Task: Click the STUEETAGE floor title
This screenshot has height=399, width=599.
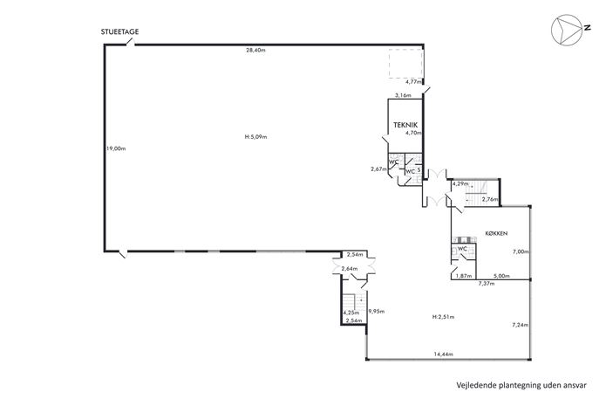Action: [x=119, y=31]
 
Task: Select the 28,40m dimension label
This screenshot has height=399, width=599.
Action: [x=256, y=50]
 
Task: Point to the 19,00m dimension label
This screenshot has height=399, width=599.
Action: [x=116, y=148]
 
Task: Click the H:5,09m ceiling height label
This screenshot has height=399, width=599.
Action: [x=255, y=136]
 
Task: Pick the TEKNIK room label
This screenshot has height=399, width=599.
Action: [x=405, y=125]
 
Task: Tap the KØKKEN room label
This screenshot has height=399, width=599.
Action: [x=496, y=233]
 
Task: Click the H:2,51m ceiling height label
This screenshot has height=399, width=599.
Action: [x=443, y=317]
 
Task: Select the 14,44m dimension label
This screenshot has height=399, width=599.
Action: [x=443, y=354]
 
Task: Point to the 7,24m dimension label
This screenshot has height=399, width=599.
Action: [x=520, y=325]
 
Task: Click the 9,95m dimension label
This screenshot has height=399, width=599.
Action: [x=376, y=312]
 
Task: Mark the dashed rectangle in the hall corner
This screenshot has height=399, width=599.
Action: [x=405, y=64]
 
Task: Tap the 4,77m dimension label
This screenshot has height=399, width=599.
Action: [x=413, y=81]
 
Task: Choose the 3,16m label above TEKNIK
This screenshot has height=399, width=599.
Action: [x=403, y=95]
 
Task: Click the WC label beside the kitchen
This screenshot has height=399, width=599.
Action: [x=462, y=249]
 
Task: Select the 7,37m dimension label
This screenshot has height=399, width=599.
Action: [x=487, y=284]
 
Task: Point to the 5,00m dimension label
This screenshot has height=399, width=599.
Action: [x=501, y=275]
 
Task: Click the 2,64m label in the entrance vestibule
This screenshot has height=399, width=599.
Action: [x=349, y=269]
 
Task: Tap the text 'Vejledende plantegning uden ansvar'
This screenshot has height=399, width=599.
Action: [x=521, y=385]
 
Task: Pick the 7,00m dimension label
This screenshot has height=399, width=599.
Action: [x=521, y=251]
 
